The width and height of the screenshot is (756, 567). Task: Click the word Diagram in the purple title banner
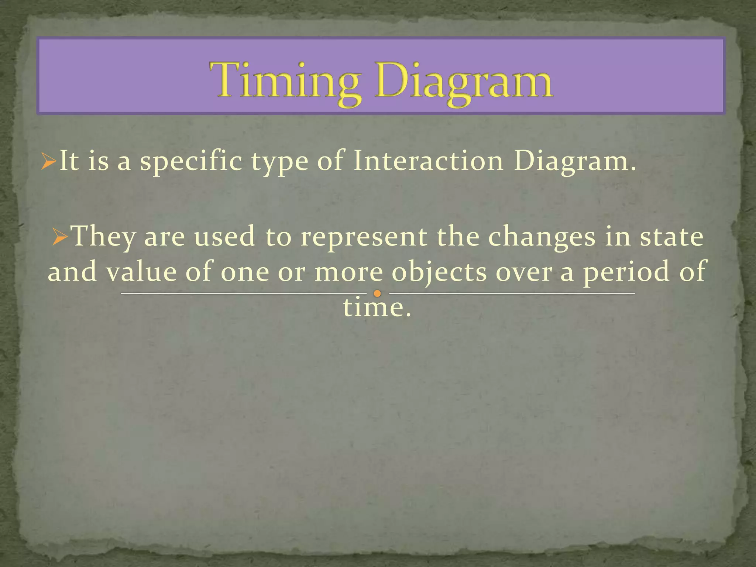(x=464, y=82)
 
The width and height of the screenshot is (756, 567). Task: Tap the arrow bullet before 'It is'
(x=48, y=161)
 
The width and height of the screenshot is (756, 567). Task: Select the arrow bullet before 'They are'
(x=60, y=237)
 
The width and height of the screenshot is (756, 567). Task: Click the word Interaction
(x=428, y=161)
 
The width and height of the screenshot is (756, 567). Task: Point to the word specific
(x=191, y=162)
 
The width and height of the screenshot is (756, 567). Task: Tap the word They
(x=104, y=237)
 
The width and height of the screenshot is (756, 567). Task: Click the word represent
(x=364, y=238)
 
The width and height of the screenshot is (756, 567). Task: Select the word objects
(x=439, y=272)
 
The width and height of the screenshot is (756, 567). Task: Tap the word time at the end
(x=377, y=307)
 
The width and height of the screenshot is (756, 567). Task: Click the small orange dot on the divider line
(x=377, y=294)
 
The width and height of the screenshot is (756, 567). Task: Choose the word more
(x=349, y=272)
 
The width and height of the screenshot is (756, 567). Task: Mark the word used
(x=224, y=237)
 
